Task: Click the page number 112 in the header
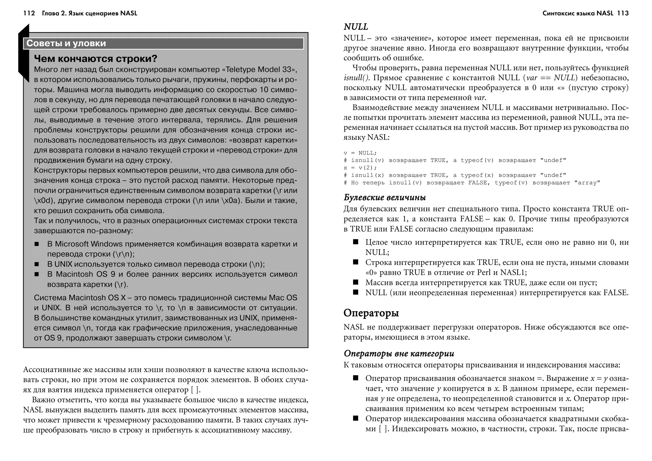(29, 13)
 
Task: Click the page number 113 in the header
(622, 13)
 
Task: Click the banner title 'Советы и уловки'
(66, 43)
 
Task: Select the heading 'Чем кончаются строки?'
(96, 59)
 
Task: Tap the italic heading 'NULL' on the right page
(356, 27)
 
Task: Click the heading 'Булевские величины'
(385, 198)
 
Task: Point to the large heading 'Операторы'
(371, 313)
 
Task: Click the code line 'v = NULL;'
(360, 153)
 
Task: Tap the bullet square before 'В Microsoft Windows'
(37, 244)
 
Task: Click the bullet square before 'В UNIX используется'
(37, 264)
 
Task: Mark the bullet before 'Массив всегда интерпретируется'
(356, 282)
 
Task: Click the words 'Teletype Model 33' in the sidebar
(259, 69)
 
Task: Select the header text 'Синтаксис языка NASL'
(578, 13)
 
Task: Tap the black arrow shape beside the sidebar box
(24, 53)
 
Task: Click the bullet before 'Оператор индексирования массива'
(356, 418)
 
